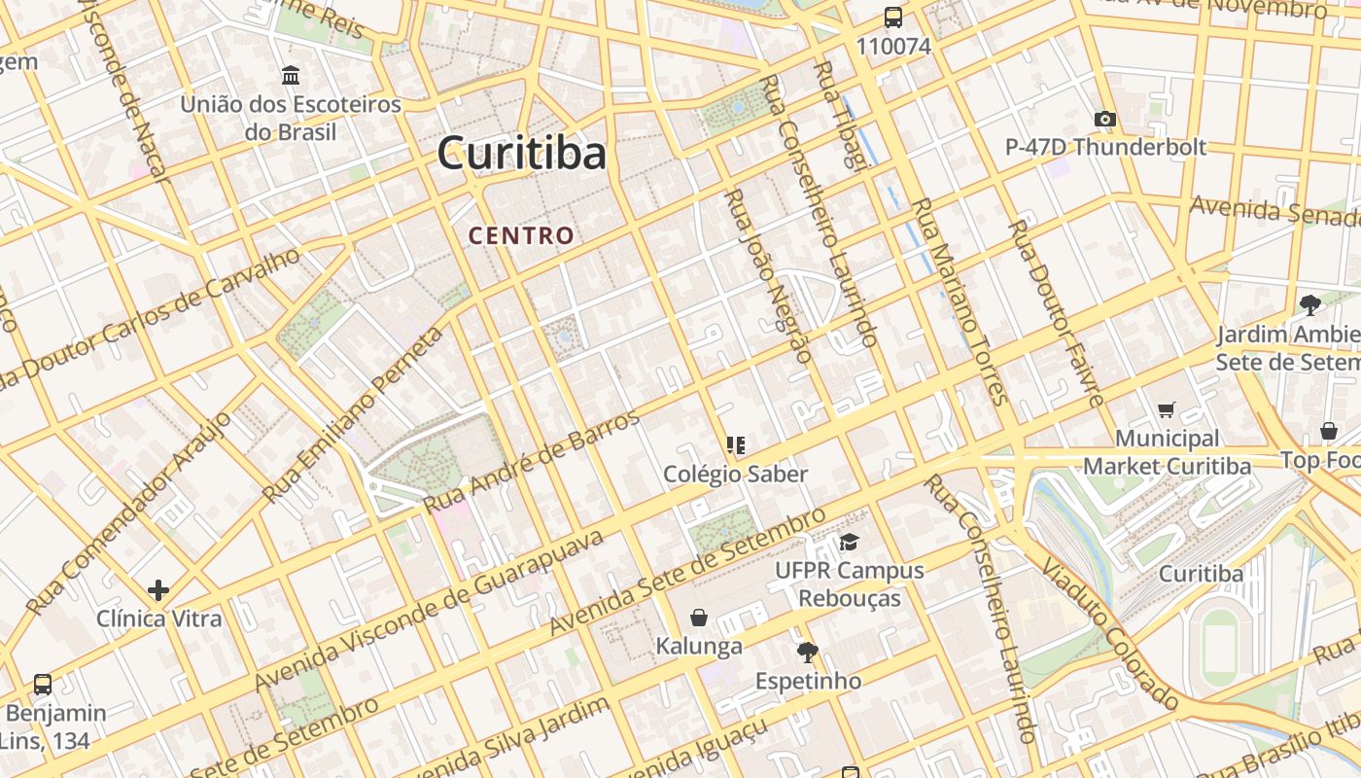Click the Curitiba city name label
(521, 154)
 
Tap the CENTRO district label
(521, 235)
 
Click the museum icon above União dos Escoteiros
(290, 75)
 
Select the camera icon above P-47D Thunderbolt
(1104, 119)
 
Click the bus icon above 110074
(892, 18)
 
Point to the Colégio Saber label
(736, 474)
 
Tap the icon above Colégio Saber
(736, 445)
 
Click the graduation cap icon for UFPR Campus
(849, 542)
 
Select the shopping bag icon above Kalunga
(698, 618)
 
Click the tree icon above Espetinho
(807, 652)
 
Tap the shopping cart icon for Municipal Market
(1167, 410)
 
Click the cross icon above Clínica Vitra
(158, 589)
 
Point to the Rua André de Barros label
(533, 462)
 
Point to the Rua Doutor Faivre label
(1057, 312)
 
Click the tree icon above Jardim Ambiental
(1309, 305)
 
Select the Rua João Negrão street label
(768, 276)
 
